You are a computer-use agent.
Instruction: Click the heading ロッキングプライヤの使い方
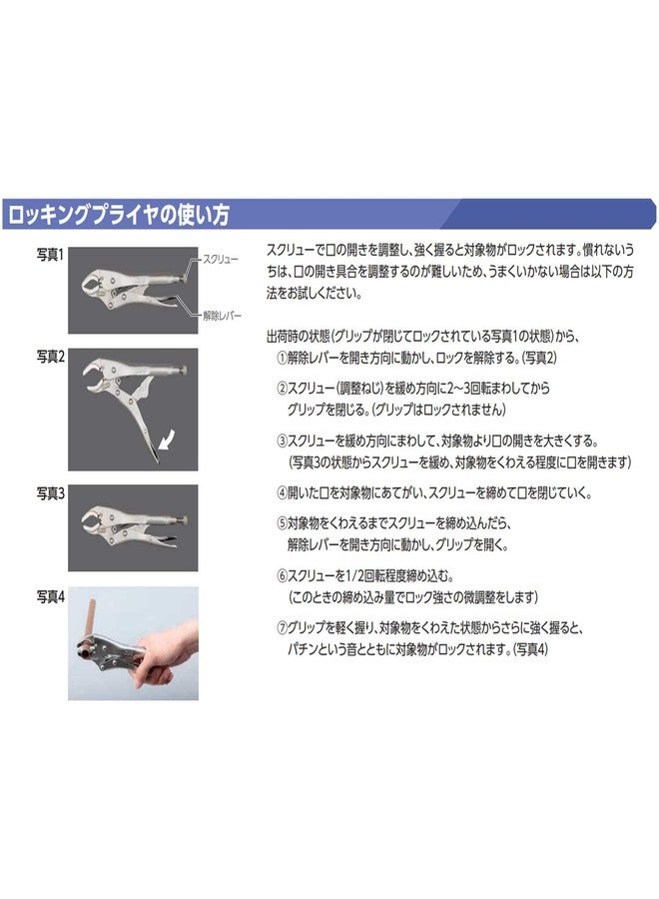click(118, 214)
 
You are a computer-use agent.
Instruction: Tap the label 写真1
click(50, 256)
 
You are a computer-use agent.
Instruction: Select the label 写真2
click(50, 356)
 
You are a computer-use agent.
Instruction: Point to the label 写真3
click(50, 492)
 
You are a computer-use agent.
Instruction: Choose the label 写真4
click(50, 596)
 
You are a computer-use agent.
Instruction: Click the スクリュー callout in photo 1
click(219, 259)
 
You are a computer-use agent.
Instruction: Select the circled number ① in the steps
click(282, 358)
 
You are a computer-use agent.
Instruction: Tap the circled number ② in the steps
click(282, 387)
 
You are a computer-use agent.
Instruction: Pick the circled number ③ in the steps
click(282, 439)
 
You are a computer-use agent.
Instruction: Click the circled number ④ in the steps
click(282, 493)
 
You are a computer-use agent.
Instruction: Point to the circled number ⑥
click(282, 576)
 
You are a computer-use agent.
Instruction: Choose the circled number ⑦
click(282, 629)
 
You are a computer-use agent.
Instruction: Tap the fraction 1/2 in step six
click(354, 576)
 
